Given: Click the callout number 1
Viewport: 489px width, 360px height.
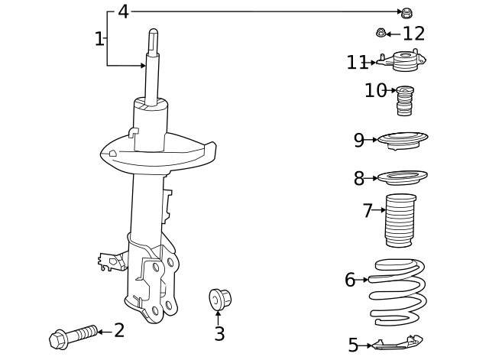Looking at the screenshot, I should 99,38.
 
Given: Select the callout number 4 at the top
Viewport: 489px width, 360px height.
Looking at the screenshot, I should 123,11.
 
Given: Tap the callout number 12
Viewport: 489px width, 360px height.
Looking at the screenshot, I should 413,33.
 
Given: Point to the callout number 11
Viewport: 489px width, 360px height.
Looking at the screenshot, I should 357,63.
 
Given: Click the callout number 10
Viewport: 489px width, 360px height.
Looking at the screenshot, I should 376,91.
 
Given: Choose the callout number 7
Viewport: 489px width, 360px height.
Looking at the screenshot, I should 368,210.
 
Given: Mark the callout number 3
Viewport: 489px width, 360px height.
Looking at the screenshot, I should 219,334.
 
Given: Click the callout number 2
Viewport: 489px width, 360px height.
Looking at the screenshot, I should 119,330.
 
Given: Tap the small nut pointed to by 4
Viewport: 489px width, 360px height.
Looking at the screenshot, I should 407,12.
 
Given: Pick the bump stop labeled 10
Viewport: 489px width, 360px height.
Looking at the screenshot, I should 405,100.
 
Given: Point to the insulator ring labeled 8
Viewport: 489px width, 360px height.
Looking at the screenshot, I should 402,178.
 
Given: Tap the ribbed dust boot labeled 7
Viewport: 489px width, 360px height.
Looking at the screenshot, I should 398,222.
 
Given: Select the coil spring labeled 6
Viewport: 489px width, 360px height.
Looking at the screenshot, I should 397,290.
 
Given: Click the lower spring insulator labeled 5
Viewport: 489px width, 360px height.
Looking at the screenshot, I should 397,344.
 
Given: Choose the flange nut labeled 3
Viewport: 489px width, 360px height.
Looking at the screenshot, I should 219,299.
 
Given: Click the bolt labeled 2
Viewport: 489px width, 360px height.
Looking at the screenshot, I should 73,336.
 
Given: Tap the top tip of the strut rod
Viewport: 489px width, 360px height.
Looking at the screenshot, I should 153,33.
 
